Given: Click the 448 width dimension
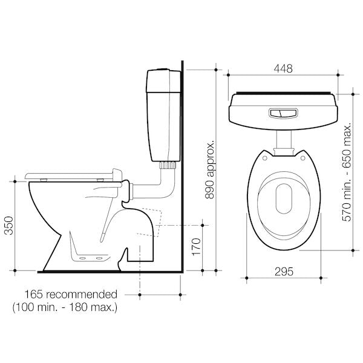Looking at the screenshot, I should point(281,69).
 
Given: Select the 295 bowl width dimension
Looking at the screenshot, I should point(281,272).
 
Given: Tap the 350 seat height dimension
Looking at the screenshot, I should point(8,224).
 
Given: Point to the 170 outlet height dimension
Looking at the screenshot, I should point(195,247).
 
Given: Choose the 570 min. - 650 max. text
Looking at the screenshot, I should point(347,172).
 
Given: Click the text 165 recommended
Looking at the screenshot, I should point(71,295).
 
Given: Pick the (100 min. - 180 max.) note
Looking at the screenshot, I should point(65,308).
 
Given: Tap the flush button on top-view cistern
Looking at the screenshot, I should point(282,113).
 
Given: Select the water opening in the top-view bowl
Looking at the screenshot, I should point(283,197).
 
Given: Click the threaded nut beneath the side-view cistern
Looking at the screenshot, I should point(168,164).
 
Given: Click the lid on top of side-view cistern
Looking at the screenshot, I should point(163,73).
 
